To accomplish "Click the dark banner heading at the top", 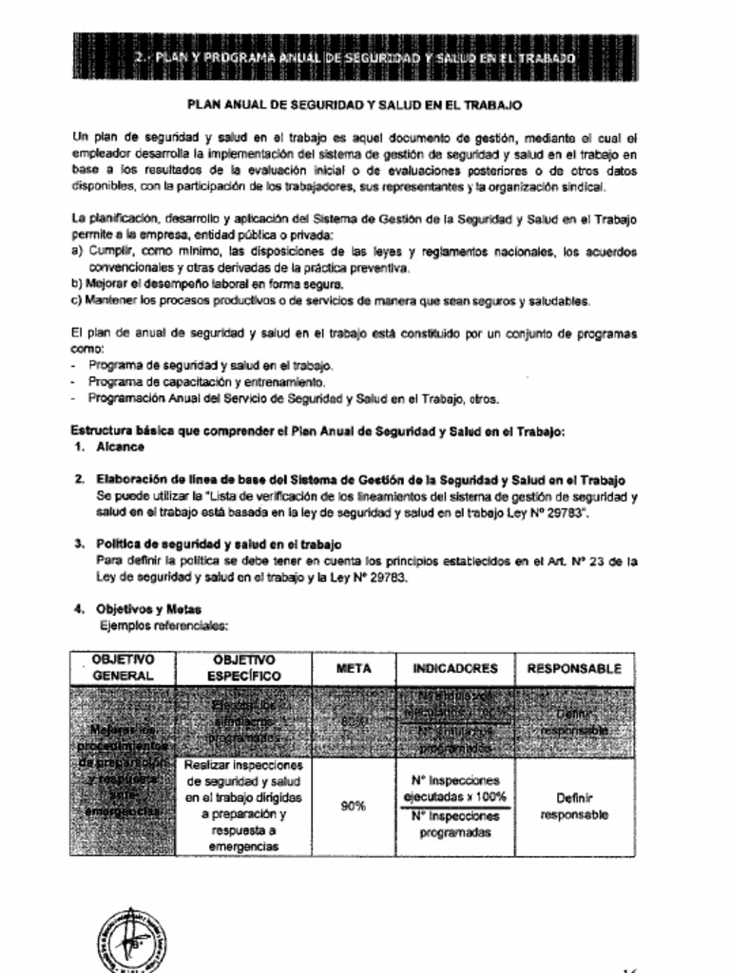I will tap(354, 58).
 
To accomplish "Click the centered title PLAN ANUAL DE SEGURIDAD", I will tap(354, 106).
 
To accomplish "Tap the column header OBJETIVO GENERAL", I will tap(122, 668).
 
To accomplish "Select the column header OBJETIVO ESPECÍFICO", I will tap(244, 668).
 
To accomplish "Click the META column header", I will tap(354, 669).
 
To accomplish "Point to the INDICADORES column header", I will tap(454, 669).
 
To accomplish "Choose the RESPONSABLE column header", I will tap(574, 669).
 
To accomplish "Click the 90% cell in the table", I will tap(354, 807).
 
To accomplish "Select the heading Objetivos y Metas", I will tap(148, 609).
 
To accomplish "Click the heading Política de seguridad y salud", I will tap(218, 544).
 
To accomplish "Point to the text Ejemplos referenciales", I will tap(163, 626).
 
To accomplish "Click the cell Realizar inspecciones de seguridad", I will tap(244, 806).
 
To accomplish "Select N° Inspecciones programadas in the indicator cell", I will tap(454, 825).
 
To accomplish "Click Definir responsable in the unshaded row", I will tap(574, 807).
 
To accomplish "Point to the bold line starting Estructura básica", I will tap(317, 430).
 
